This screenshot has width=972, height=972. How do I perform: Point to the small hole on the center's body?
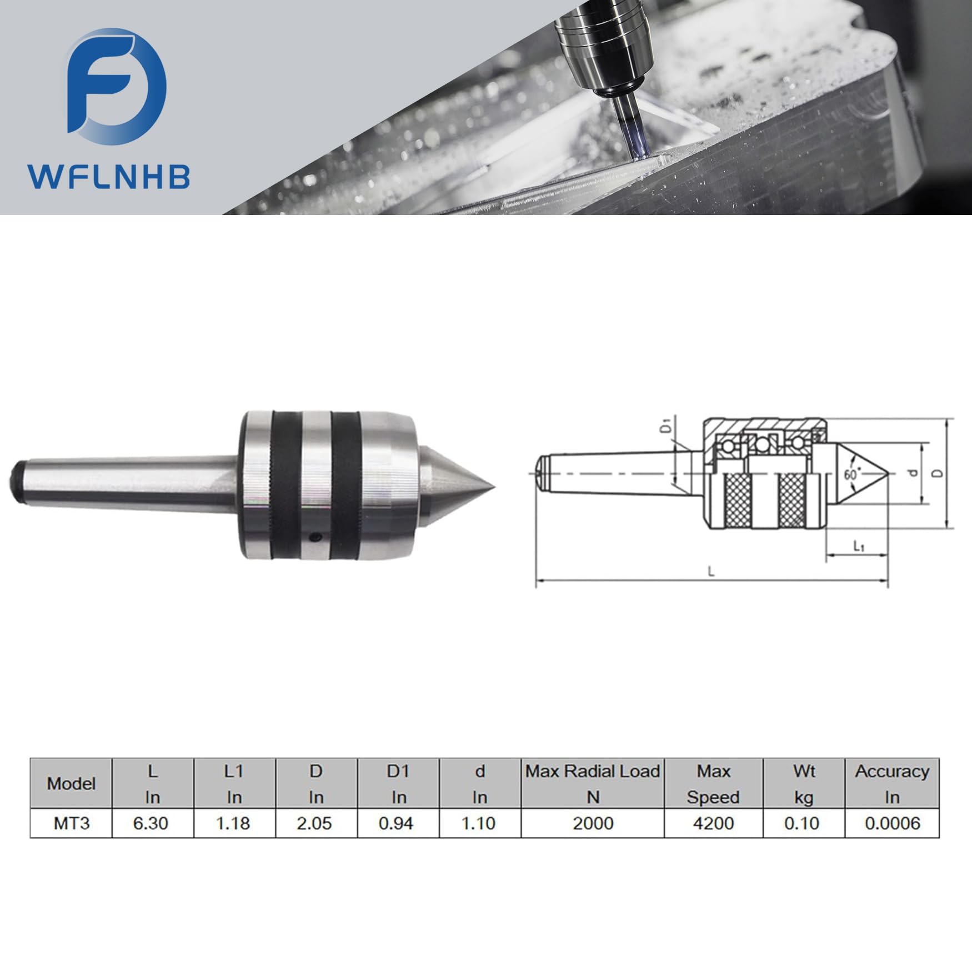[315, 537]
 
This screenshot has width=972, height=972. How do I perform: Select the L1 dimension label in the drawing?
[859, 547]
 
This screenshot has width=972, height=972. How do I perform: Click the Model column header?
[71, 784]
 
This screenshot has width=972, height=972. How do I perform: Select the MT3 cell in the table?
[71, 823]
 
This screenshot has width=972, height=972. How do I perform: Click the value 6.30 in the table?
[151, 823]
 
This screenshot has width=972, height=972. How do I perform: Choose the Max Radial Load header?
[593, 771]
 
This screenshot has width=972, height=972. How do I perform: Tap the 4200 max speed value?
[713, 823]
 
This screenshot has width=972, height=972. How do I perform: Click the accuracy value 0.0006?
[892, 823]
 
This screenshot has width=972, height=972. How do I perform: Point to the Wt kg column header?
[804, 784]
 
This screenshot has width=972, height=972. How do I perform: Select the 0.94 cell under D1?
[396, 823]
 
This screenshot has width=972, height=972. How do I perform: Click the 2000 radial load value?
[593, 823]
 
